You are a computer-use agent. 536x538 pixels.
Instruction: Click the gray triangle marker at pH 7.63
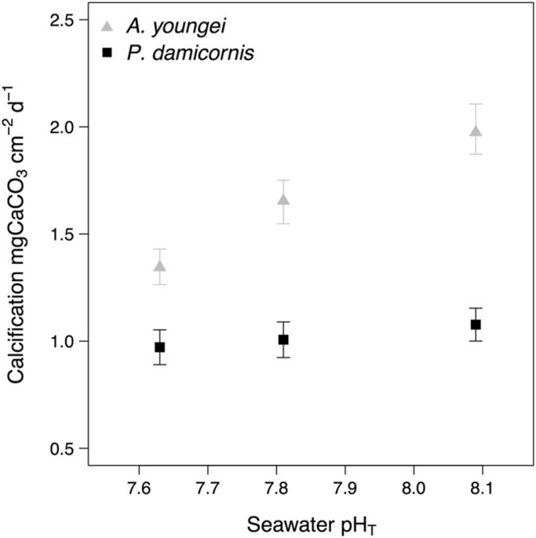[x=159, y=266]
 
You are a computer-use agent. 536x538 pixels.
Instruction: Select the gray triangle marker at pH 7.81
[x=283, y=199]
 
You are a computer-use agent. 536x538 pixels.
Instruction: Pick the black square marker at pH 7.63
[x=159, y=347]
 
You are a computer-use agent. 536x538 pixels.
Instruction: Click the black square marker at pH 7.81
[x=283, y=339]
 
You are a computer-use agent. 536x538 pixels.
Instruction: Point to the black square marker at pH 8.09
[x=476, y=324]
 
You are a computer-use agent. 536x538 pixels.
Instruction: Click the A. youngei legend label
[x=167, y=28]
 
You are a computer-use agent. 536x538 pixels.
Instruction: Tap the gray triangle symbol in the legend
[x=109, y=28]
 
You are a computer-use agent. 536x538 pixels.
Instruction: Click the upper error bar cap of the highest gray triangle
[x=476, y=104]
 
